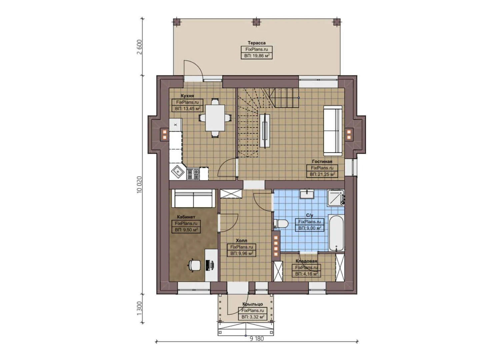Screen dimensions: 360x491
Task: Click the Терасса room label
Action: [x=256, y=43]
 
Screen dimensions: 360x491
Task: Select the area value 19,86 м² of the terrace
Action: [x=256, y=56]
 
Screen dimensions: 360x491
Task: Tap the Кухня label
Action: [x=187, y=96]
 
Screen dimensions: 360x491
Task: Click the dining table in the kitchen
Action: [x=215, y=118]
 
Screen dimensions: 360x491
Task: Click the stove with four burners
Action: [x=193, y=173]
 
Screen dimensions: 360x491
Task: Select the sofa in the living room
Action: [x=333, y=130]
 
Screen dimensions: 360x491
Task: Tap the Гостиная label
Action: [x=322, y=161]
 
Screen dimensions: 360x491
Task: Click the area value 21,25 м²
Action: [x=322, y=174]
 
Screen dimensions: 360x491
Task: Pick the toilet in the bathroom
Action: [x=281, y=224]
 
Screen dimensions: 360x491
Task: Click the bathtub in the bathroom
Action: [x=336, y=233]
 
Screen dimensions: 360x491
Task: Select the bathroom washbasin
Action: [x=306, y=194]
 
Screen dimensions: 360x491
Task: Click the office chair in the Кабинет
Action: [x=194, y=265]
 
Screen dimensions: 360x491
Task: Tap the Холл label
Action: [x=241, y=240]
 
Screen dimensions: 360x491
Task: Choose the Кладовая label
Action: [x=306, y=261]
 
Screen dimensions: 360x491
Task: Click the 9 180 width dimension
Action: [x=257, y=338]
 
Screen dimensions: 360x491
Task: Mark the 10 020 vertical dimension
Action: [x=139, y=184]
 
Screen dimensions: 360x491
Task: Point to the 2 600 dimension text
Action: [x=139, y=47]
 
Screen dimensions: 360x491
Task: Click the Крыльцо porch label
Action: [x=252, y=304]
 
